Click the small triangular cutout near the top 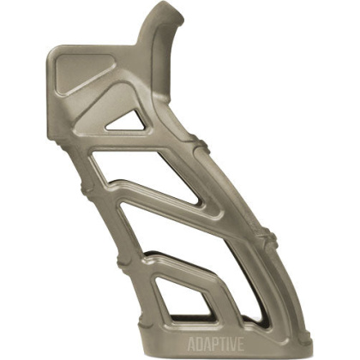coord(128,121)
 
